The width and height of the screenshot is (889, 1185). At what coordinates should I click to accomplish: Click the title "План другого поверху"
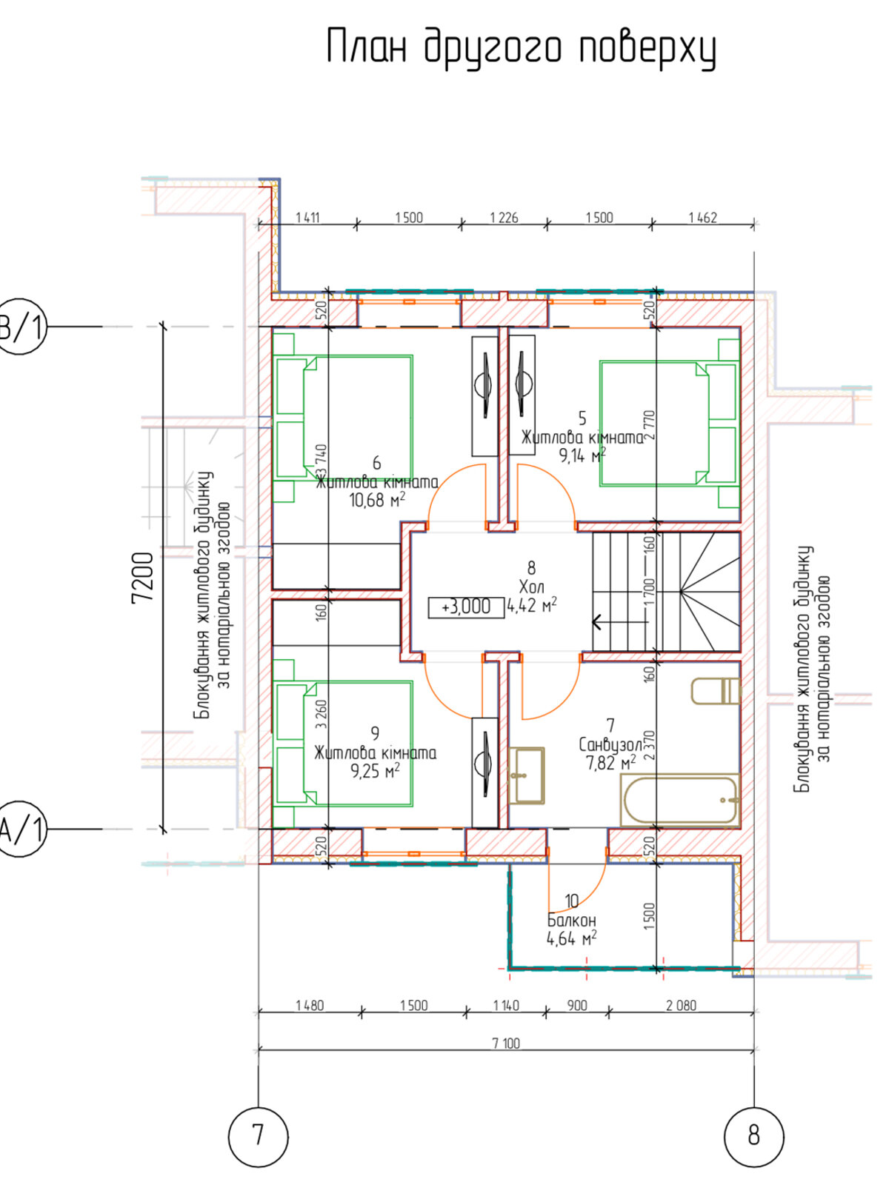[x=522, y=49]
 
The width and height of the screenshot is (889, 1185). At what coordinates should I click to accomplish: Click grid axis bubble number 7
[x=258, y=1135]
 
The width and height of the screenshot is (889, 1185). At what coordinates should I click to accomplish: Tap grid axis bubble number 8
[x=753, y=1135]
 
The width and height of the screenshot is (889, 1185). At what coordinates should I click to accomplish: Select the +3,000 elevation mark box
[x=467, y=607]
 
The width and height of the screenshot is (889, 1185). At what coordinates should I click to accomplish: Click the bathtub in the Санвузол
[x=679, y=800]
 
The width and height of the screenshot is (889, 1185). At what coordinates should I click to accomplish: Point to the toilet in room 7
[x=715, y=691]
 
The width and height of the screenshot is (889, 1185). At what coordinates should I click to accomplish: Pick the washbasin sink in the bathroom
[x=526, y=775]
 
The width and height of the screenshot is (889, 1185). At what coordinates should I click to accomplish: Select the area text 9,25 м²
[x=376, y=771]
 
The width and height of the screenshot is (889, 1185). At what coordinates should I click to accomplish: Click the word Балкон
[x=572, y=920]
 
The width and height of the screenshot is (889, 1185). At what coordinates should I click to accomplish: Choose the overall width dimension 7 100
[x=506, y=1043]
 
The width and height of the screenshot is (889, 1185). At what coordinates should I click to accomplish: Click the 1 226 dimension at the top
[x=505, y=218]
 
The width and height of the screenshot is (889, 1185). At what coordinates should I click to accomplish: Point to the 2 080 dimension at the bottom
[x=681, y=1005]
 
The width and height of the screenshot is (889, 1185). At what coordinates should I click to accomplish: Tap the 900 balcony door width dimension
[x=577, y=1005]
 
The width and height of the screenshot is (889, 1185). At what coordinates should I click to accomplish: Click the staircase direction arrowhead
[x=597, y=622]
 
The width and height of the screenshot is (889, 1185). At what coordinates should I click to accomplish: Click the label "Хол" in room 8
[x=532, y=587]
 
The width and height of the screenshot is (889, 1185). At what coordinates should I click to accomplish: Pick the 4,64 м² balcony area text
[x=572, y=939]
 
